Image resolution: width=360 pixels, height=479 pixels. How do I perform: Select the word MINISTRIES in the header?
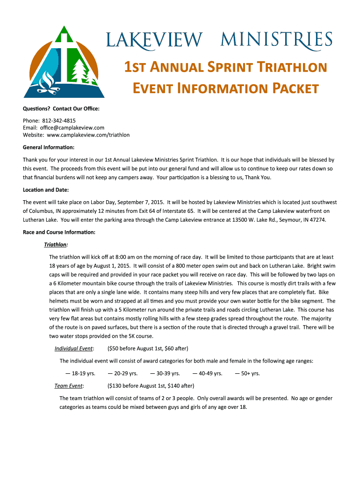tap(276, 39)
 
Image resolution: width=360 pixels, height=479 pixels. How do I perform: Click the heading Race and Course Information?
tap(59, 232)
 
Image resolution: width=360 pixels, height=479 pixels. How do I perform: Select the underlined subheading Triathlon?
tap(56, 245)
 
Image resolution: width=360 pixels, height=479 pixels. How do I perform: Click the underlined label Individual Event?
tap(73, 348)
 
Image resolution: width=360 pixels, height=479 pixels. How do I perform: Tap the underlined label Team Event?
tap(69, 386)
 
